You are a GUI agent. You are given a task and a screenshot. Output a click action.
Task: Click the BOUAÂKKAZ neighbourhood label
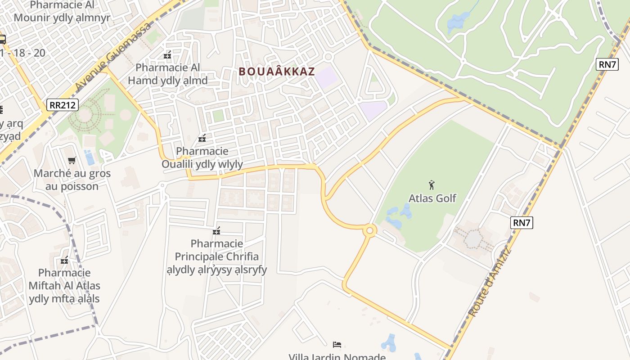276,72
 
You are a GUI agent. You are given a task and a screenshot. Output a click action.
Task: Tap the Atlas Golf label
432,198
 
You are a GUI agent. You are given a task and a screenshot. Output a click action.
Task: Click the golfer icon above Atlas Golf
432,184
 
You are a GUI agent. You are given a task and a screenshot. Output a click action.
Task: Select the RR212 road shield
63,105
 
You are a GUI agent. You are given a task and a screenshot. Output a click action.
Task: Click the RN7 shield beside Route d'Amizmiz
522,222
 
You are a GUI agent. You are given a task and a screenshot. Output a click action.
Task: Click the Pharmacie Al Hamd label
168,74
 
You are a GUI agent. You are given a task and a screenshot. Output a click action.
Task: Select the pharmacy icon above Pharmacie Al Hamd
168,55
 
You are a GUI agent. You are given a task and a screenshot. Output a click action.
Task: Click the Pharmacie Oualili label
202,157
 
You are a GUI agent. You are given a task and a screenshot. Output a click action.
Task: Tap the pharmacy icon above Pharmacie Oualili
202,138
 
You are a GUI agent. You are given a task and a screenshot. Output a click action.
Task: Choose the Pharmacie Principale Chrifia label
217,256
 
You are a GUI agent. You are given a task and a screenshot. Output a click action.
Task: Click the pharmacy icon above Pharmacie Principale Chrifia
217,231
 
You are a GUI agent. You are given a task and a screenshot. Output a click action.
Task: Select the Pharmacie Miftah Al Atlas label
64,285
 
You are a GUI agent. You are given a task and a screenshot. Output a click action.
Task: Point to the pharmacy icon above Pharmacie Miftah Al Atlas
64,260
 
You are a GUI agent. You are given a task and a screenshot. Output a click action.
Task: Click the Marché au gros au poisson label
72,180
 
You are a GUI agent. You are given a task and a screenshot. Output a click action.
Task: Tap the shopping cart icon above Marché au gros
72,161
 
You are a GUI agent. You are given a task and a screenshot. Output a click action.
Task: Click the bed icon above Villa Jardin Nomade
337,345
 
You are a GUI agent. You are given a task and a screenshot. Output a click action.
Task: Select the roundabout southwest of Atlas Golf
369,231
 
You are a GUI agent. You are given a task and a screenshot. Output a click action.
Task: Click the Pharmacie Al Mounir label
62,12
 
